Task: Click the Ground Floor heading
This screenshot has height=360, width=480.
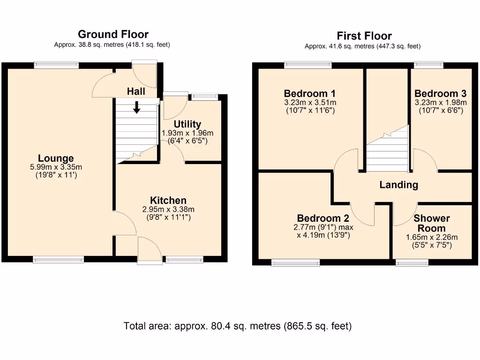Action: [113, 34]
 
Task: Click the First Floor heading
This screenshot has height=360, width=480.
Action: [364, 36]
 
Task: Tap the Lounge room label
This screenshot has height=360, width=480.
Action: [56, 158]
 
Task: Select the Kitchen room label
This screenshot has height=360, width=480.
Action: [168, 200]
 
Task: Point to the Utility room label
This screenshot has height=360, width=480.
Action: [187, 124]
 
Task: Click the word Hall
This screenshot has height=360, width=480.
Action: [136, 91]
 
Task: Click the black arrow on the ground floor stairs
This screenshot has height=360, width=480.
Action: [136, 107]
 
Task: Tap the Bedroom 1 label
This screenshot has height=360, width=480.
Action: [309, 93]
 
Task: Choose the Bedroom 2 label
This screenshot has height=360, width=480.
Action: [323, 218]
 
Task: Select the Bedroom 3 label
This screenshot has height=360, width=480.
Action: [440, 93]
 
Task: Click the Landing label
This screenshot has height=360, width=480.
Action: [399, 185]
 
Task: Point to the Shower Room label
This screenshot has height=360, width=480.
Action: [432, 223]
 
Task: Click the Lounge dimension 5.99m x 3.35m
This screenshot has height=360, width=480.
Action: [56, 167]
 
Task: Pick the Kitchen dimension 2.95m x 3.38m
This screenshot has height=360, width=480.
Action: [168, 210]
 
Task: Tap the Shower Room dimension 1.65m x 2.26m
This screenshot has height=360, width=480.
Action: [432, 237]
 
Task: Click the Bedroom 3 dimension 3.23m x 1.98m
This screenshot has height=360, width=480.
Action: [441, 103]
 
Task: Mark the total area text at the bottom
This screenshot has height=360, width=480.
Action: [238, 326]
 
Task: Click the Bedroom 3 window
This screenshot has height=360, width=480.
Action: [428, 65]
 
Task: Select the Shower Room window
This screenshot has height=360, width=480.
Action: [412, 262]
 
